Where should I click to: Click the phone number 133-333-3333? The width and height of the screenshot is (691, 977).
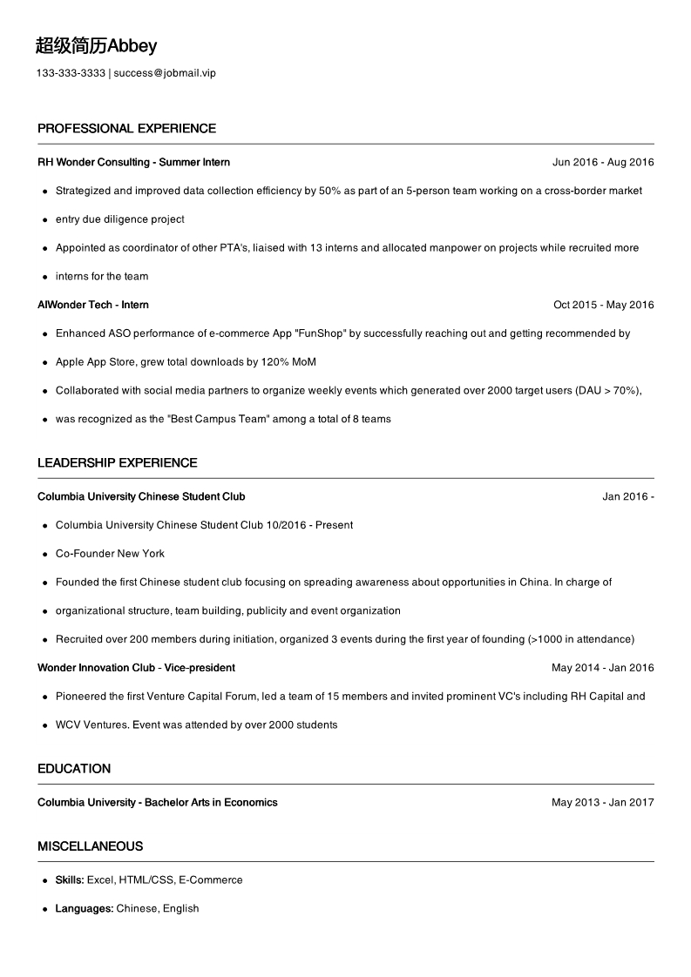click(71, 73)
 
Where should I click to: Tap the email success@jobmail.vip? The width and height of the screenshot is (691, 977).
click(165, 73)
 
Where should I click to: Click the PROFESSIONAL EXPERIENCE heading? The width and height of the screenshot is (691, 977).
click(126, 129)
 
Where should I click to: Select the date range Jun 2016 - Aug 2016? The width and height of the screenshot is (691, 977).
click(603, 162)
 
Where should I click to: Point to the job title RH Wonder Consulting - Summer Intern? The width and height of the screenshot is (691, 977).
click(133, 162)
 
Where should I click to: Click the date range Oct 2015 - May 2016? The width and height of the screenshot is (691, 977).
click(603, 305)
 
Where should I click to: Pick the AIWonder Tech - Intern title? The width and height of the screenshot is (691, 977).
click(93, 305)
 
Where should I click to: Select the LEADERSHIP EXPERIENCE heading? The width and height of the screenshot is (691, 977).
click(118, 463)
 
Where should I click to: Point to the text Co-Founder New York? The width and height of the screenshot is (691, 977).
click(110, 554)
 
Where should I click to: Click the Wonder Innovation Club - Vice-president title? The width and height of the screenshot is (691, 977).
click(136, 668)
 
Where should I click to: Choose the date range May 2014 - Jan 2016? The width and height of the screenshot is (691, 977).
click(602, 668)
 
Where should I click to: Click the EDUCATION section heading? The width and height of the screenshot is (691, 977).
click(74, 769)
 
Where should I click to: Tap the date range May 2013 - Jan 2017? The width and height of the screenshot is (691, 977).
click(602, 803)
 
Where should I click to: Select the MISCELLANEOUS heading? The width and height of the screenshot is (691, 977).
click(90, 846)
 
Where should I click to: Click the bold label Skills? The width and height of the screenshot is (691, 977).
click(70, 880)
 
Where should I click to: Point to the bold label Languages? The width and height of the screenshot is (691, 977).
click(85, 909)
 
